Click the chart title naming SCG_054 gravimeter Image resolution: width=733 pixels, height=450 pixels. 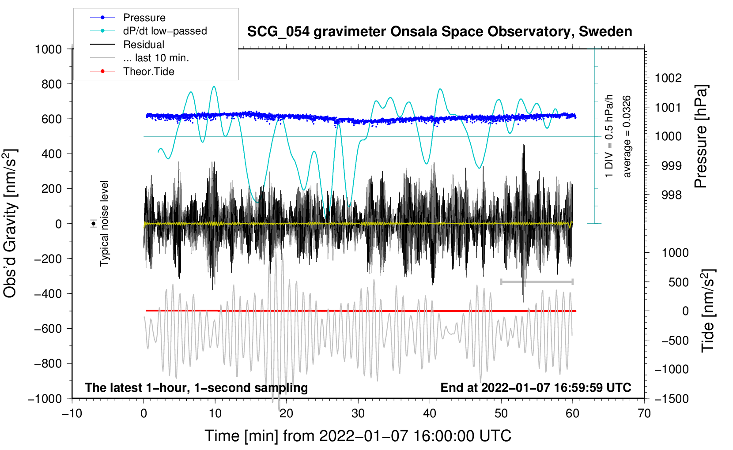(x=439, y=32)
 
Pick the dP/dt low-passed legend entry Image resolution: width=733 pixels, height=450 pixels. (x=165, y=31)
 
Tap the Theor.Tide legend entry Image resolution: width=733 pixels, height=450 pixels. (x=148, y=71)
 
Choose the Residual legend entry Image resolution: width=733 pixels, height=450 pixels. (x=144, y=45)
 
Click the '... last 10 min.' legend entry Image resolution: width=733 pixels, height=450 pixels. (x=156, y=58)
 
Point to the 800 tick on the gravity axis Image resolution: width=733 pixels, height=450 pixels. (x=52, y=84)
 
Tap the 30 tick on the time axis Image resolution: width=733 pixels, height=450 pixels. (x=358, y=413)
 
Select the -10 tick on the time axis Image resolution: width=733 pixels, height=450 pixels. (x=72, y=413)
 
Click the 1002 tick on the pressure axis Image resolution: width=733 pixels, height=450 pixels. (x=668, y=78)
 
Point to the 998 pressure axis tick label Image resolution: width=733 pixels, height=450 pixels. (x=671, y=195)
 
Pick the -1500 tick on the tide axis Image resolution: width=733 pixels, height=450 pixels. (x=671, y=398)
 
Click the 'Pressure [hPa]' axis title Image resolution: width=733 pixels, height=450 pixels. (x=701, y=137)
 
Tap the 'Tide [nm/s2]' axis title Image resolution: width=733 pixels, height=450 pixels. (x=708, y=311)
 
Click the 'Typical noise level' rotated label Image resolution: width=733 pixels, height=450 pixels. (x=104, y=223)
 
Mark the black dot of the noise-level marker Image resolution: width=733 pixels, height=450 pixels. (x=93, y=224)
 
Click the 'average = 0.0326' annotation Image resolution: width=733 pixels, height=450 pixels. (x=627, y=137)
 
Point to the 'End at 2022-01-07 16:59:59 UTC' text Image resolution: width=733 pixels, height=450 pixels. (x=536, y=387)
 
